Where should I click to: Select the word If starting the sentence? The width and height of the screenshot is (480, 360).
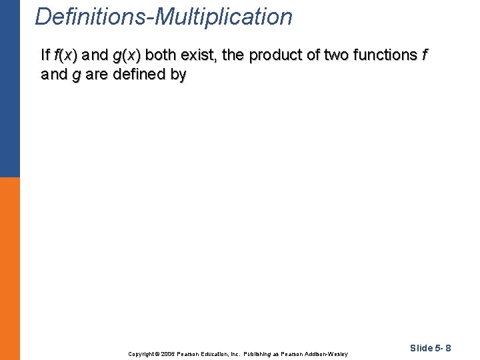(45, 55)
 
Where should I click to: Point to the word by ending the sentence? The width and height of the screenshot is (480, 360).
(179, 75)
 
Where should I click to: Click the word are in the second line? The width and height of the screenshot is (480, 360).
(96, 75)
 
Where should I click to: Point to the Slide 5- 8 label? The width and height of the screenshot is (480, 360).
(431, 348)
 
